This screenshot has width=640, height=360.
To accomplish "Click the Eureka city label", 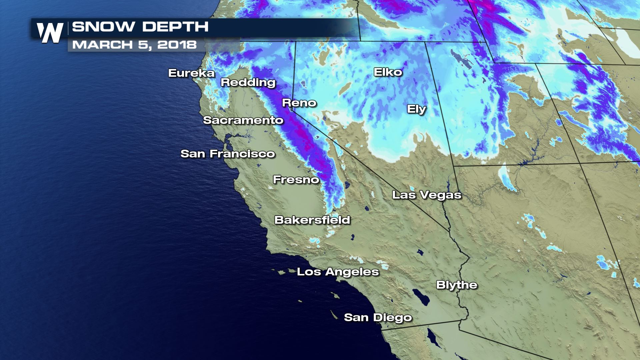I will pos(191,73).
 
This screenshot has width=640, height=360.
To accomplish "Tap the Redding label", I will pos(248,82).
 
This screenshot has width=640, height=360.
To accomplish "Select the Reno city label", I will pos(299,103).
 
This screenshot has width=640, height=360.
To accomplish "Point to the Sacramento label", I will pos(243,120).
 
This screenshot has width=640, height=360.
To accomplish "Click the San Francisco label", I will pos(228,154).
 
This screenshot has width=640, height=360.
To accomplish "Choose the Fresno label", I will pos(296,180).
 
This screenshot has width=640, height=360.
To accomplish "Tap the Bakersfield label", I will pos(312,220).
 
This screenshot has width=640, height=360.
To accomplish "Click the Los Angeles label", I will pos(338,272).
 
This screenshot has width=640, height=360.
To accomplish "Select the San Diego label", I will pos(378,317).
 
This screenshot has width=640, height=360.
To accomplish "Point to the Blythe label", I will pos(457,285).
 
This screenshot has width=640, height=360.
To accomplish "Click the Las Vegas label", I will pos(427,195).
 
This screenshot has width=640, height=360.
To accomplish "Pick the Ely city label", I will pos(416,109).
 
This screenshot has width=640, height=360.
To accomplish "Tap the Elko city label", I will pos(388,72).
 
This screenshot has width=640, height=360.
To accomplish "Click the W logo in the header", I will pos(50,33).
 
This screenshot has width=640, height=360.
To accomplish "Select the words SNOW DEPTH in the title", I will pos(140,27).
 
